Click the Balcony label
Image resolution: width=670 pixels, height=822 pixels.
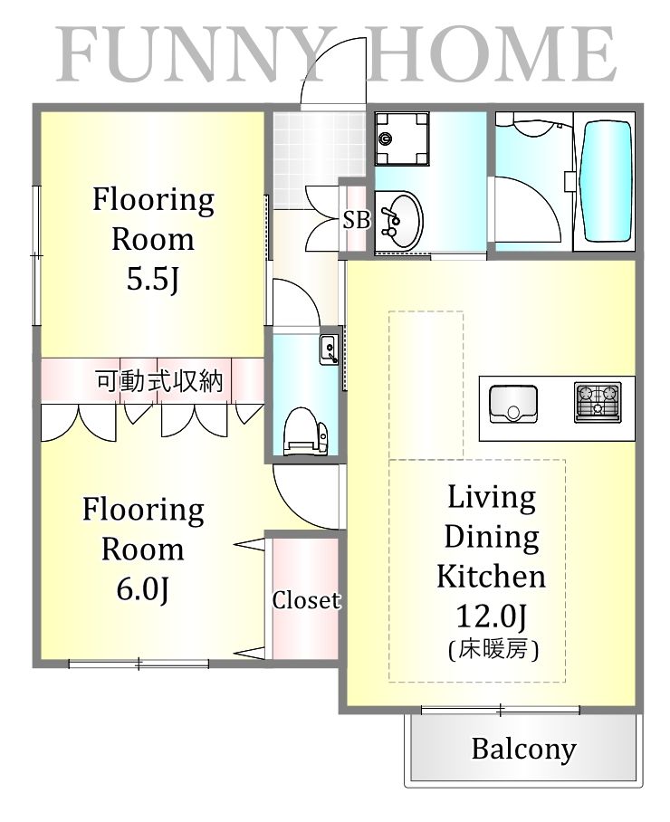(x=523, y=750)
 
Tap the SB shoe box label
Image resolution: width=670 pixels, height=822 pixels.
(x=357, y=220)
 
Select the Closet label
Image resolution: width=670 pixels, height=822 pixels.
(x=306, y=600)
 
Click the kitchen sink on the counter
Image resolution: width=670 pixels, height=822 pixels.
(x=513, y=404)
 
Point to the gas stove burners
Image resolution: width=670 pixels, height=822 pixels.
(x=598, y=402)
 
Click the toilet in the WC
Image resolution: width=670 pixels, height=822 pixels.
(x=305, y=432)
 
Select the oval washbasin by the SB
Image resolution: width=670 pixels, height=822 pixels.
(x=400, y=220)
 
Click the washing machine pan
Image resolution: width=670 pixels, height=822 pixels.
(x=402, y=139)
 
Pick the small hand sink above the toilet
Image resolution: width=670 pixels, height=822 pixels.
(x=330, y=349)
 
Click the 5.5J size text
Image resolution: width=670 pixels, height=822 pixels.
(x=152, y=280)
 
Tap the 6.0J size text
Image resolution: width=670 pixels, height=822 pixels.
(x=142, y=589)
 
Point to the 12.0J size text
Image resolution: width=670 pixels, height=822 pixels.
(x=492, y=616)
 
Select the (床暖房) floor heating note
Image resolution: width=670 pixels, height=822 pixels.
(x=493, y=651)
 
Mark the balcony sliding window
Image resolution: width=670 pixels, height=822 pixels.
(x=501, y=711)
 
